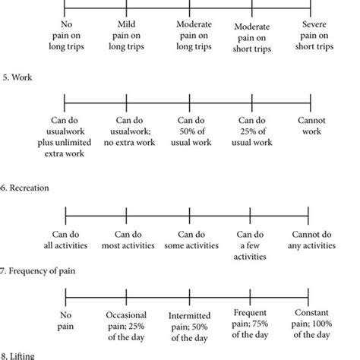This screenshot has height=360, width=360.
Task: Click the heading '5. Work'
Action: tap(17, 77)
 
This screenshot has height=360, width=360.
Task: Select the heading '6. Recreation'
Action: tap(24, 188)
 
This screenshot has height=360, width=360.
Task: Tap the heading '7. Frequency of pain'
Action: tap(37, 271)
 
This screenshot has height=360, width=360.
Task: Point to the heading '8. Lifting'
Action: tap(17, 355)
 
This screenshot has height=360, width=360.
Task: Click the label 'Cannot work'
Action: tap(311, 126)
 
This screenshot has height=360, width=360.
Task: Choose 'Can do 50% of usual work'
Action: tap(191, 131)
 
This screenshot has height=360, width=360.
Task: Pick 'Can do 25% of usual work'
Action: tap(252, 131)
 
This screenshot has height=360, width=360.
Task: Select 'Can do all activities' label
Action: tap(65, 240)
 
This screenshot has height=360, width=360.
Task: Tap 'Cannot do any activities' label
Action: tap(311, 240)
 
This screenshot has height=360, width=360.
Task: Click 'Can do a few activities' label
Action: tap(250, 245)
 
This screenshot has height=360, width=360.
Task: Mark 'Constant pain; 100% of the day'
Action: tap(311, 324)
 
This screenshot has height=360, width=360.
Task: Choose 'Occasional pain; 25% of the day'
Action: tap(126, 327)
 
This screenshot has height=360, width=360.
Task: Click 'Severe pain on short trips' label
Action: tap(314, 36)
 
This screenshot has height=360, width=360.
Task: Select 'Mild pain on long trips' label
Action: tap(126, 36)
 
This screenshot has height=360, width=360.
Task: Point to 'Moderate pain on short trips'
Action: tap(252, 38)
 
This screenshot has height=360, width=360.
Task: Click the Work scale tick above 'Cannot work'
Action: tap(311, 103)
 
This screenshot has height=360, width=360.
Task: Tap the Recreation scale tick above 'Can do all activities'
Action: tap(65, 216)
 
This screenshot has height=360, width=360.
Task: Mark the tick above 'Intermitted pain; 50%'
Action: tap(190, 297)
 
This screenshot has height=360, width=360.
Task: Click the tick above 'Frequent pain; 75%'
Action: tap(250, 297)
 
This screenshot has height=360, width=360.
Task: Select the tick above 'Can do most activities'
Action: tap(126, 216)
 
